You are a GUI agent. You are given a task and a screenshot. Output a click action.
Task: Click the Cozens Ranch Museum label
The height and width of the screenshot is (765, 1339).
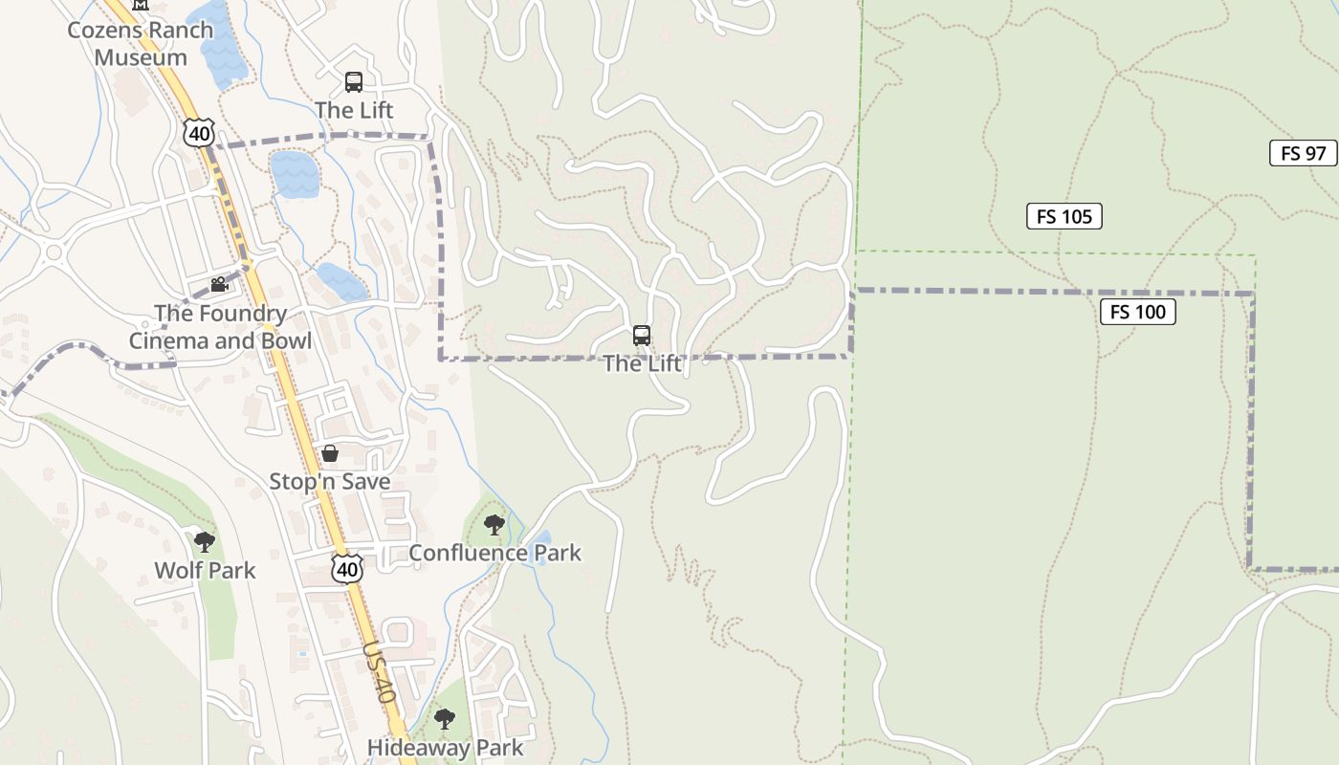tap(140, 43)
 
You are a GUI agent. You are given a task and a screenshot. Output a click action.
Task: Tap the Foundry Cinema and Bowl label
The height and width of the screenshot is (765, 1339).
tap(220, 327)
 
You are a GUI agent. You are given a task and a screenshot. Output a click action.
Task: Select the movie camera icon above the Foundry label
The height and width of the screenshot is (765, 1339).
tap(219, 284)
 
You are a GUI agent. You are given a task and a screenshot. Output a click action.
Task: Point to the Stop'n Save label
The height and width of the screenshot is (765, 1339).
tap(329, 481)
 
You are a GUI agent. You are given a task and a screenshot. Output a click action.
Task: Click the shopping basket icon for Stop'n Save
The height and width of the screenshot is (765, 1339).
tap(330, 453)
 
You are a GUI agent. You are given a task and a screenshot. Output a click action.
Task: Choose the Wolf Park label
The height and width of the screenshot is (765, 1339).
tap(205, 571)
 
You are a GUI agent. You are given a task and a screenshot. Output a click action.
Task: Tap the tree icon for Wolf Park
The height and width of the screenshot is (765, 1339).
tap(204, 542)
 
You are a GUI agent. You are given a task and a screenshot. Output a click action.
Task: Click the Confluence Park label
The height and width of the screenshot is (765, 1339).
tap(494, 553)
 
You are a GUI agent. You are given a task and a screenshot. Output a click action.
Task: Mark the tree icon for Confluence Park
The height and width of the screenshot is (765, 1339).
tap(494, 524)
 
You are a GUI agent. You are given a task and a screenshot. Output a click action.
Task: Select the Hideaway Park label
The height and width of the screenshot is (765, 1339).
tap(445, 748)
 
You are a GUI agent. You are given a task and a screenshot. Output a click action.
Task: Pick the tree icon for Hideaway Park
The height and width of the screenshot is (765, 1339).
tap(444, 718)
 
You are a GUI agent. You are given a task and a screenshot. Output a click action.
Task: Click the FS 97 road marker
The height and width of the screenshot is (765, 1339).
tap(1303, 153)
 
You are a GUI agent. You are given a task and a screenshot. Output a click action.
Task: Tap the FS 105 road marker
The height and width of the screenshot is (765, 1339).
tap(1064, 216)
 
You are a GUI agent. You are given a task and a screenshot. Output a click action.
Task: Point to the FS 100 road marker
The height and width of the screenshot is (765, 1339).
tap(1137, 312)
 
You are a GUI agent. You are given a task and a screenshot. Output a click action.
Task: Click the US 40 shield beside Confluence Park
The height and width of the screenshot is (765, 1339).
tap(347, 568)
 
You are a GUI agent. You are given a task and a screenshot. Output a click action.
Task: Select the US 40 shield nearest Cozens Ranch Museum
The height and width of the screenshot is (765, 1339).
tap(198, 133)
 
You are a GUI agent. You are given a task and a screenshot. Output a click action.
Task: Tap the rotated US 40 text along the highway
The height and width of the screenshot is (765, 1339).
tap(379, 672)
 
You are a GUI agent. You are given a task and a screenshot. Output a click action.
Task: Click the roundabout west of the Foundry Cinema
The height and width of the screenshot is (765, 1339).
tap(54, 253)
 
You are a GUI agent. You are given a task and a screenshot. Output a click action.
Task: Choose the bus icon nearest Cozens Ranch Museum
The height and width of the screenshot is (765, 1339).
tap(354, 82)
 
